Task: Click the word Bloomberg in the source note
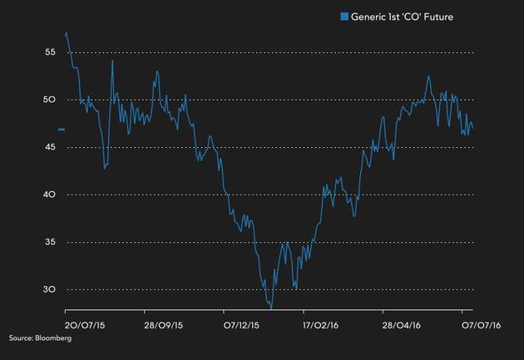click(53, 338)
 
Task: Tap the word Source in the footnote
click(21, 338)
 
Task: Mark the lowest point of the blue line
click(270, 307)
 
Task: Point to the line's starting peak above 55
click(67, 33)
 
